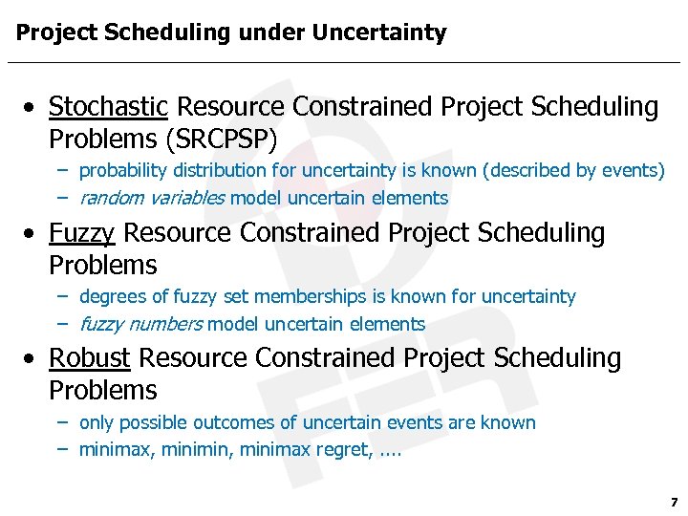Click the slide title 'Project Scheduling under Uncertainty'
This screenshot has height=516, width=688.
230,32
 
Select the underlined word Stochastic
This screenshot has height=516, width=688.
109,107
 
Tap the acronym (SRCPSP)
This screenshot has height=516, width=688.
221,140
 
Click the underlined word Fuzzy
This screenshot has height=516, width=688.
82,233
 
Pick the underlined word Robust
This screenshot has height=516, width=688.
90,358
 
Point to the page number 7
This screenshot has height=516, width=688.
674,502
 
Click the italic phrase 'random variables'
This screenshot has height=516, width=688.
152,199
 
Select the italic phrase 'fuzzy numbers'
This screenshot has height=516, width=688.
140,325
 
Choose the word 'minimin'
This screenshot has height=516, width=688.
191,449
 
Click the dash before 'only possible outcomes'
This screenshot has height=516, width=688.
61,422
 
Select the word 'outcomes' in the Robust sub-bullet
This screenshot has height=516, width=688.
241,422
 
